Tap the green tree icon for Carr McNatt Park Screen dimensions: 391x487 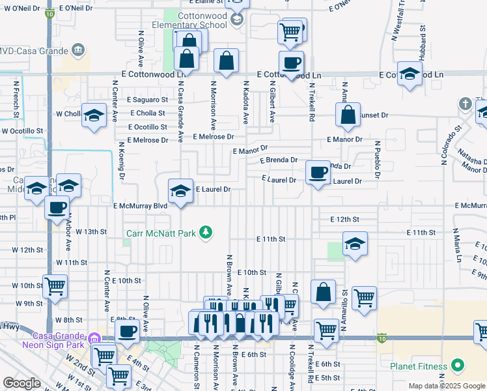206,232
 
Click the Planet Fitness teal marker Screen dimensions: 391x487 457,366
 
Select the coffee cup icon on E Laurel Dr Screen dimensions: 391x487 318,173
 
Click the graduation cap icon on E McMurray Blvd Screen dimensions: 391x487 181,191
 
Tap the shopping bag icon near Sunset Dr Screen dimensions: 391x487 348,115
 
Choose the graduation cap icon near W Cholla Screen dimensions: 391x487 94,115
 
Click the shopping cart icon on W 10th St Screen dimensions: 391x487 55,285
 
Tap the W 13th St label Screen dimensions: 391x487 90,231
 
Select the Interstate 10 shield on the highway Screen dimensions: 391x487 382,338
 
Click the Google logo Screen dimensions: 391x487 21,384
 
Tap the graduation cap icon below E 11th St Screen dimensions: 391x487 355,244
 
